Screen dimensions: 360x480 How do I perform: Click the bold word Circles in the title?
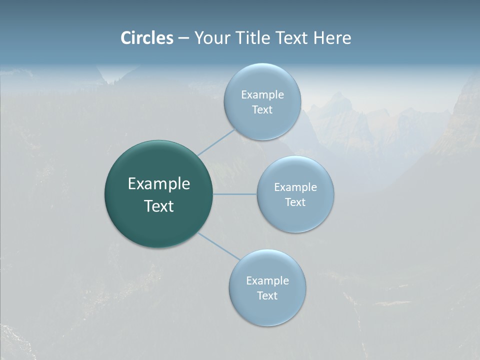[146, 38]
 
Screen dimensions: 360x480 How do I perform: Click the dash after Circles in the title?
[183, 38]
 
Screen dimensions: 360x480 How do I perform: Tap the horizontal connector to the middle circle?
[235, 194]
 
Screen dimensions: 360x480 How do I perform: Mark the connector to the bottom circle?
[218, 246]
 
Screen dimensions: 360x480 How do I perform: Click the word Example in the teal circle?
[159, 184]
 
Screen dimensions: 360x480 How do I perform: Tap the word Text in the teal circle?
[159, 206]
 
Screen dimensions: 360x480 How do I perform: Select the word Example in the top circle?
[262, 94]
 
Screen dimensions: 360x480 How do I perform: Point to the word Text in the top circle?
[262, 110]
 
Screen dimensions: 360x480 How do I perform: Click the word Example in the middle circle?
[295, 187]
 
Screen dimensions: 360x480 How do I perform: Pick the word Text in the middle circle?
[295, 202]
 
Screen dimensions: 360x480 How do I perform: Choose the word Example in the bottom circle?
[267, 280]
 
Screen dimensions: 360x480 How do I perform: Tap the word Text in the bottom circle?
[267, 295]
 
